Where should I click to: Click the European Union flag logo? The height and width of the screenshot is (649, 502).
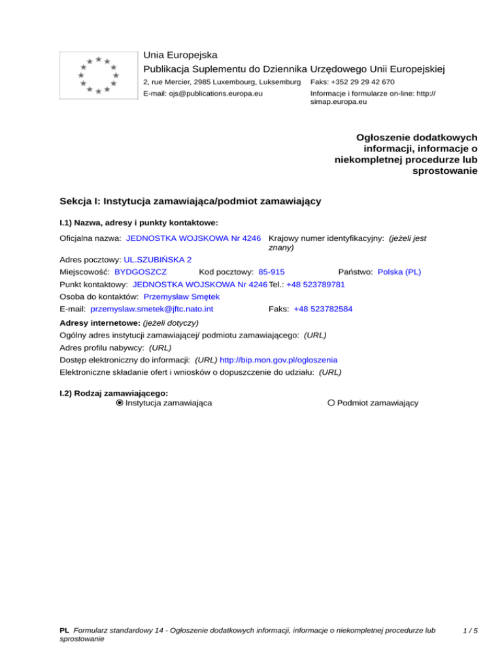97,76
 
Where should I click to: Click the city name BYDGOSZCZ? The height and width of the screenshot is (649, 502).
141,271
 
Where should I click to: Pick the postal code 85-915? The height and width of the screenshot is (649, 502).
271,271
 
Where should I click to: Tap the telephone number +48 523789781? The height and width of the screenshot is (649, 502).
316,285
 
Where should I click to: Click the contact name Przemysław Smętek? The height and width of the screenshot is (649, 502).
182,296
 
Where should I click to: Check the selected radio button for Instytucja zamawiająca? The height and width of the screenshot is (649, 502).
120,404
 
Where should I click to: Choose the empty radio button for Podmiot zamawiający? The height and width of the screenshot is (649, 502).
331,404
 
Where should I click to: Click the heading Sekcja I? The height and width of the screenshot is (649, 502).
190,201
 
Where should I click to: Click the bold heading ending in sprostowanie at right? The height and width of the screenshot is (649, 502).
405,155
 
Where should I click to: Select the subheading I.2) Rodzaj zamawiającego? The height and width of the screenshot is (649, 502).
114,393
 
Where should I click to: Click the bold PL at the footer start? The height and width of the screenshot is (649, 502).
64,631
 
